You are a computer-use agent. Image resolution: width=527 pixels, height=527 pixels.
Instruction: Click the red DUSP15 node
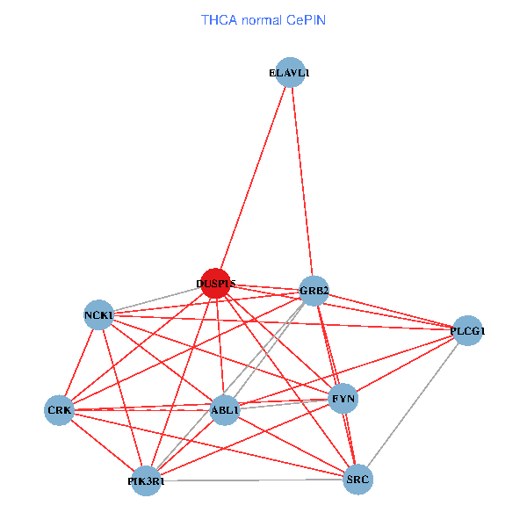click(215, 283)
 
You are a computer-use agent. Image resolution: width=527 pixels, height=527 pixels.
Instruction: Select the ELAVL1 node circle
click(290, 74)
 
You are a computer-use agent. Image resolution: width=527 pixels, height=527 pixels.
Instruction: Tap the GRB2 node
click(314, 290)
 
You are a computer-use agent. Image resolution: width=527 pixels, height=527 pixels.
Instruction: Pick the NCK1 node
click(98, 314)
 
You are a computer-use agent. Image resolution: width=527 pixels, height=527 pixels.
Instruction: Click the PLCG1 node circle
click(467, 331)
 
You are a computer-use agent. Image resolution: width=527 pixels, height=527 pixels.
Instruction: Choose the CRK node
click(60, 410)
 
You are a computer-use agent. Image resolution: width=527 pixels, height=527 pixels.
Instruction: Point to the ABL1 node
click(225, 410)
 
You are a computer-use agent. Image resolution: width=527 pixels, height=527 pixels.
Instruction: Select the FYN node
click(343, 400)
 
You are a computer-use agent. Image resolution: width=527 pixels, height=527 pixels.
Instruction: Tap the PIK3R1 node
click(146, 481)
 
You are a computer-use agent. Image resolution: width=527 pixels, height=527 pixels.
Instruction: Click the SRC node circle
click(357, 480)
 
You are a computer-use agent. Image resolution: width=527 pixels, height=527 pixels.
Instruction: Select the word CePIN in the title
click(306, 18)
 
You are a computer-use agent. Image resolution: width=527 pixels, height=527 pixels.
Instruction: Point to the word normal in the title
click(261, 18)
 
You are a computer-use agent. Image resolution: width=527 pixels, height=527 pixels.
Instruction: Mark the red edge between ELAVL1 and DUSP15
click(253, 178)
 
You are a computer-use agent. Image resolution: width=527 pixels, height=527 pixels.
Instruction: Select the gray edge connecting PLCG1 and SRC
click(413, 405)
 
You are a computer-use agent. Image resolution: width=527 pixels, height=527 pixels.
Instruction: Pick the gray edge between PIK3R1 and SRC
click(252, 480)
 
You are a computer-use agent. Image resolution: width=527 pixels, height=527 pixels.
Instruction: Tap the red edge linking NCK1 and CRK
click(79, 362)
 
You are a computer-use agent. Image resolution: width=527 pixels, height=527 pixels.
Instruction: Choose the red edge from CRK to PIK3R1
click(103, 446)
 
